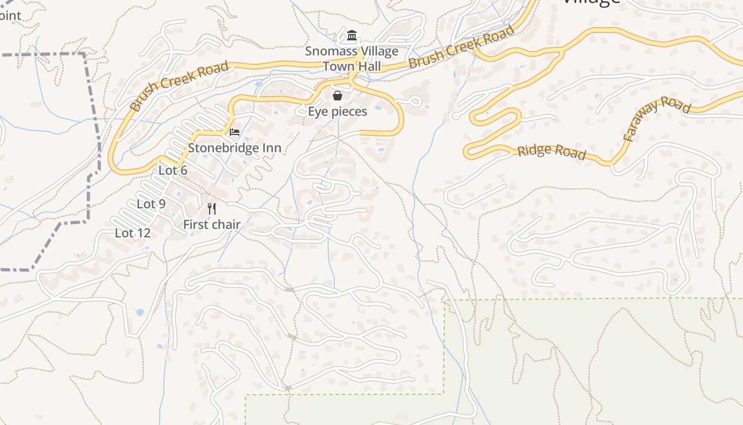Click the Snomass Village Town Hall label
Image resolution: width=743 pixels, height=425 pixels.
coord(351,59)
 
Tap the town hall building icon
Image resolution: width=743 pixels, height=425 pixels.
coord(351,36)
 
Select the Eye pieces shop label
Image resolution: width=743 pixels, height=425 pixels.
coord(338,112)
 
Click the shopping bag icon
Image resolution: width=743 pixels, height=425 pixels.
coord(338,96)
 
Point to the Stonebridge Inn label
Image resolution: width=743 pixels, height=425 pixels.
coord(235,148)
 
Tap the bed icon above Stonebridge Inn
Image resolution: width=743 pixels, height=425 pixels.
coord(235,132)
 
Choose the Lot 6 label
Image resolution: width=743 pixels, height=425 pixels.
coord(173,171)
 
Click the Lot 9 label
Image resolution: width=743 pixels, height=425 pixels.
coord(151,204)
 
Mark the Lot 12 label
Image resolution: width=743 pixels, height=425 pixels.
coord(133,233)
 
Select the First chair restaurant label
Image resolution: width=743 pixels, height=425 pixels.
coord(212,225)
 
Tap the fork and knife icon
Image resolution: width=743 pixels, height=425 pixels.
coord(212,208)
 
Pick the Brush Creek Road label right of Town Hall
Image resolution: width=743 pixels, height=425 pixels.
coord(462,47)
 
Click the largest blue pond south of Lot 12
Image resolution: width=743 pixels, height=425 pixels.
coord(140,312)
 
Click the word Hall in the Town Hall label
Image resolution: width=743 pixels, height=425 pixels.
coord(368,66)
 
